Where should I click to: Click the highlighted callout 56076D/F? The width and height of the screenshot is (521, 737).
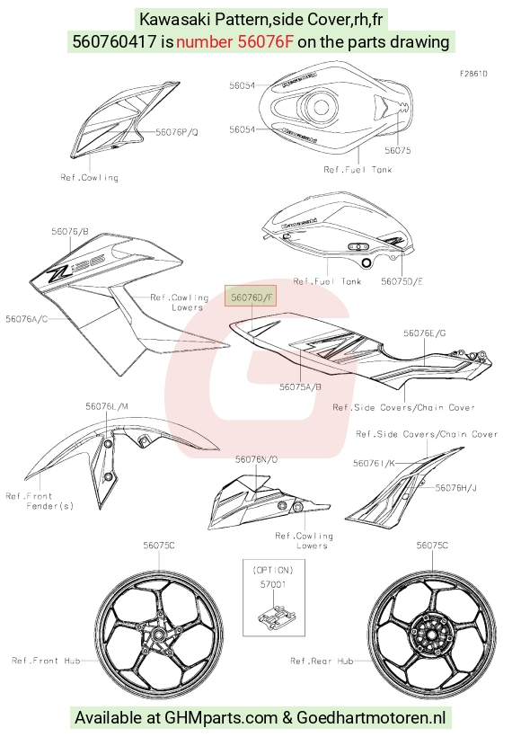[251, 297]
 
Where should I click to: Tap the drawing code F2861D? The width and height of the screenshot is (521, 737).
[473, 74]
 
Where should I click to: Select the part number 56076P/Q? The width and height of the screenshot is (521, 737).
[177, 132]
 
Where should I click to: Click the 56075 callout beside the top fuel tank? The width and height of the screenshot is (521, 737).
[397, 150]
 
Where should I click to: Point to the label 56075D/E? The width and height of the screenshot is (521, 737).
[402, 281]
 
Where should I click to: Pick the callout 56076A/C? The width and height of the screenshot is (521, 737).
[26, 319]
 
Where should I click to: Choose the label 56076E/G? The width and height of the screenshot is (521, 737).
[424, 333]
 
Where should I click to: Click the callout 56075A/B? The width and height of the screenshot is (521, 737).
[300, 386]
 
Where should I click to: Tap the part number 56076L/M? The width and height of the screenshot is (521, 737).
[107, 406]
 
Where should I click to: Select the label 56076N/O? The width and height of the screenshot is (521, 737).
[257, 459]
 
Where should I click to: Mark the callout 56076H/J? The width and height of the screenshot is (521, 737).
[455, 488]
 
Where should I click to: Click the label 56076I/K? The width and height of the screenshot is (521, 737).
[374, 464]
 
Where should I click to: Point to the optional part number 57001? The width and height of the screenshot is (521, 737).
[273, 585]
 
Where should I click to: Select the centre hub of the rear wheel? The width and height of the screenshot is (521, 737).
[431, 634]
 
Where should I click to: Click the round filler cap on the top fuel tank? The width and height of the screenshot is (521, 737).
[320, 106]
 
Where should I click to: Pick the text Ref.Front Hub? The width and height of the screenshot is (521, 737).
[46, 661]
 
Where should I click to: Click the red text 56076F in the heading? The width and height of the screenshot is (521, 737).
[265, 42]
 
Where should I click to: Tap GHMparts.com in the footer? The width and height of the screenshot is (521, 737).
[221, 718]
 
